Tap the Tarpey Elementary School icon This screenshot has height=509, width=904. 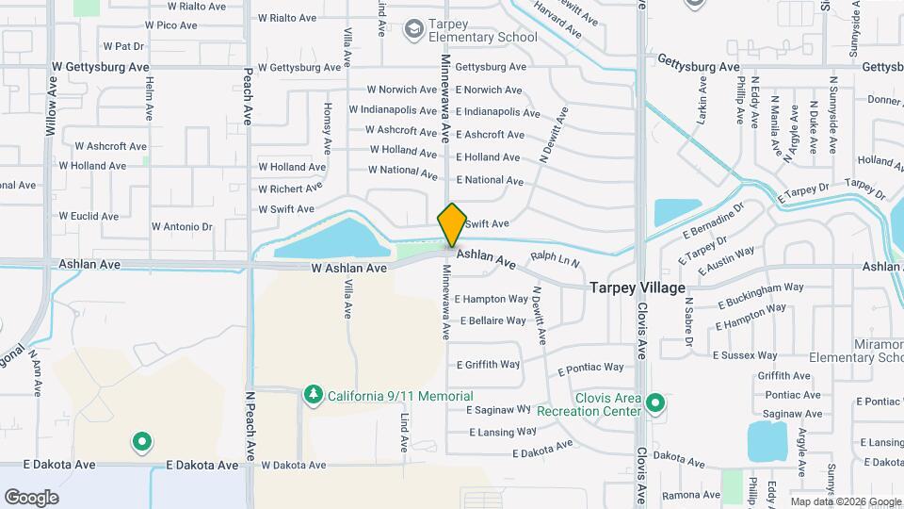412,30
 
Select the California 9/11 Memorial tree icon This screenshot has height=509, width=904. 314,396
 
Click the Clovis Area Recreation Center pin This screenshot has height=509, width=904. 656,405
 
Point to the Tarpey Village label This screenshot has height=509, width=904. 638,287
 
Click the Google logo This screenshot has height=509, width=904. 31,497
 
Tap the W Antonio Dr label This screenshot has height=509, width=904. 182,227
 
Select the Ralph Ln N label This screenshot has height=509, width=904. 555,257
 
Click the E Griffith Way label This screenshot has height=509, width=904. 488,365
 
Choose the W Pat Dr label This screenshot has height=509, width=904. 123,45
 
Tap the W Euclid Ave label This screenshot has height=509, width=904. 89,216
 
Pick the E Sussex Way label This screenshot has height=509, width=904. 745,355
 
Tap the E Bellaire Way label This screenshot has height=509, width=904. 491,320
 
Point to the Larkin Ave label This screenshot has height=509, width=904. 702,96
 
